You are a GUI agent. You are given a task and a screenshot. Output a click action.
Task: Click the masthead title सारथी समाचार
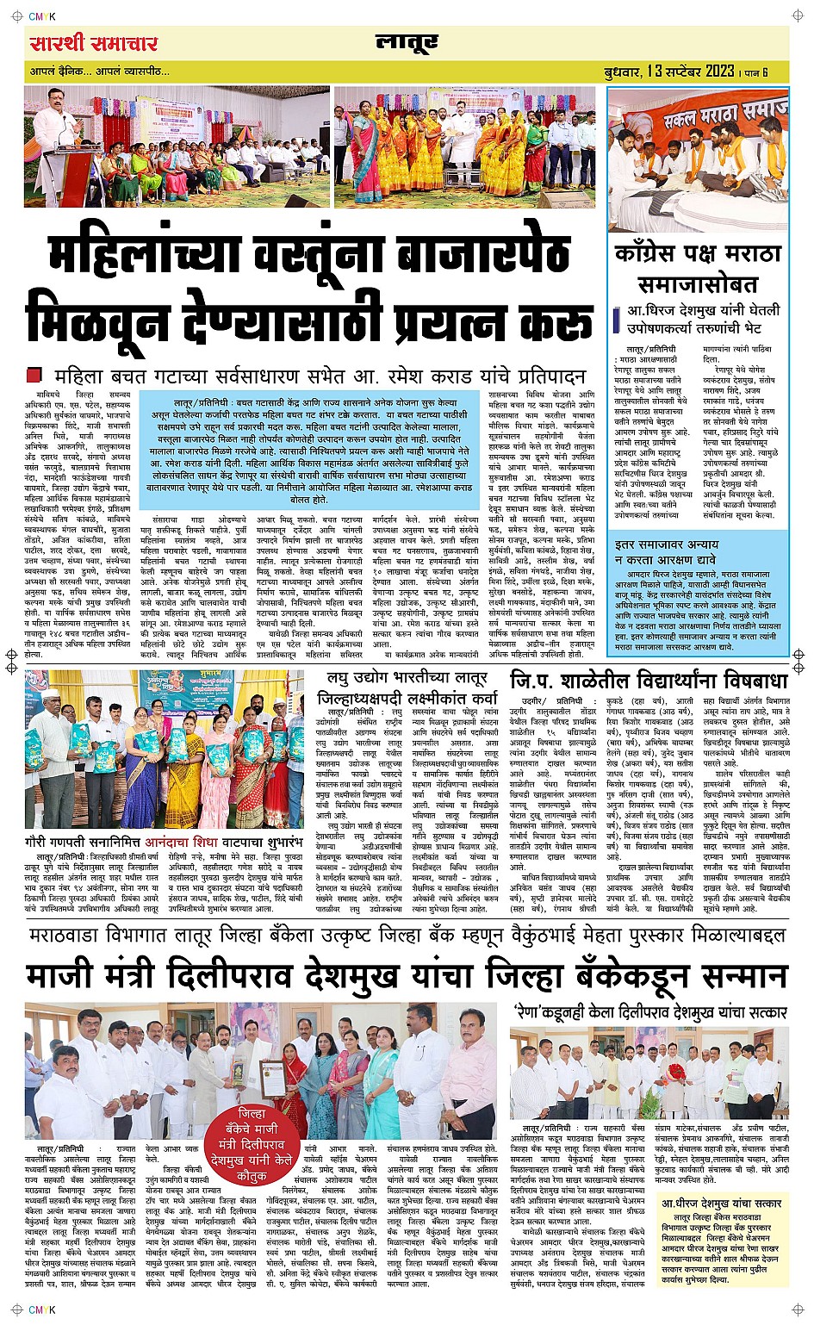(x=94, y=42)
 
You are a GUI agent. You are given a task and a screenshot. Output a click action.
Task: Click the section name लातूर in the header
(x=407, y=44)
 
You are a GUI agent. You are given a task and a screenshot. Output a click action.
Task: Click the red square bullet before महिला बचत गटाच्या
(x=34, y=375)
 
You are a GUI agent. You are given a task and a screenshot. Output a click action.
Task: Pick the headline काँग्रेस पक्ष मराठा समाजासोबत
(x=698, y=268)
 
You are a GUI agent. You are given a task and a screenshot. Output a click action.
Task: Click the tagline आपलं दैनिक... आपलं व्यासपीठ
(x=98, y=72)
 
